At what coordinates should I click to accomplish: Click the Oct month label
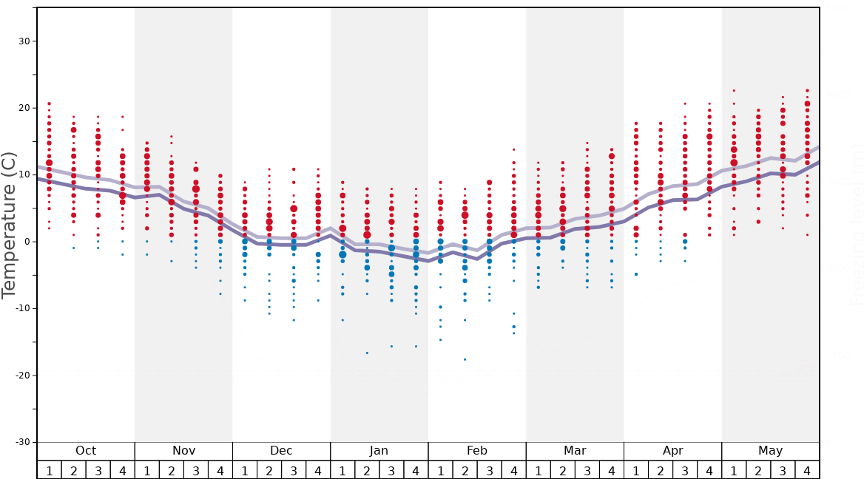(86, 451)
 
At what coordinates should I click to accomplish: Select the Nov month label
(183, 451)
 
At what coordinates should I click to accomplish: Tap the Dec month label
(281, 451)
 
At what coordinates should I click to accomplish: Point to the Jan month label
(379, 451)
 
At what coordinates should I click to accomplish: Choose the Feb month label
(477, 451)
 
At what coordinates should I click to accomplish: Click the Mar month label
(575, 451)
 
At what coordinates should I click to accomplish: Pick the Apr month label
(672, 451)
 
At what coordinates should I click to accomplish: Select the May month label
(770, 451)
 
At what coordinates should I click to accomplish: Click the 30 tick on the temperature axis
(24, 41)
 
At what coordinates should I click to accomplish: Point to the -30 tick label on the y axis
(22, 442)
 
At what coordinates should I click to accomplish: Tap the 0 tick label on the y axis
(27, 242)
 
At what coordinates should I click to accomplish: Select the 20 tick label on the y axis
(24, 108)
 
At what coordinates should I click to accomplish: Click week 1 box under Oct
(49, 470)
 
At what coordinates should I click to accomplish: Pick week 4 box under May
(807, 470)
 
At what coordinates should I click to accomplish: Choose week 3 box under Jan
(391, 470)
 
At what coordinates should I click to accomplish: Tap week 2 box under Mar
(562, 470)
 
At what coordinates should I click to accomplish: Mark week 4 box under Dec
(318, 470)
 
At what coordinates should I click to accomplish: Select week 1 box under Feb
(440, 470)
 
